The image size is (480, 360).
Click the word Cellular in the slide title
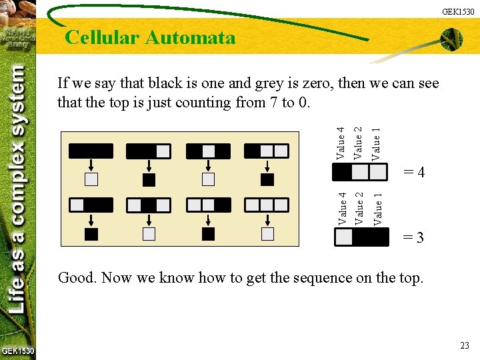click(x=102, y=37)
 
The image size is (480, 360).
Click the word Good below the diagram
click(x=77, y=277)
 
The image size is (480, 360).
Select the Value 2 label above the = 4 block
click(x=359, y=143)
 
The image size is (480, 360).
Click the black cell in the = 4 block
click(x=341, y=172)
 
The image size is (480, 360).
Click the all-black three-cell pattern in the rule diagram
click(x=91, y=151)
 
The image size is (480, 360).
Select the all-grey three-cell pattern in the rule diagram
click(x=267, y=204)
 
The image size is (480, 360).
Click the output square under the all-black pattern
click(x=91, y=179)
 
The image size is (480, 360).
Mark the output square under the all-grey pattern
click(x=267, y=234)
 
